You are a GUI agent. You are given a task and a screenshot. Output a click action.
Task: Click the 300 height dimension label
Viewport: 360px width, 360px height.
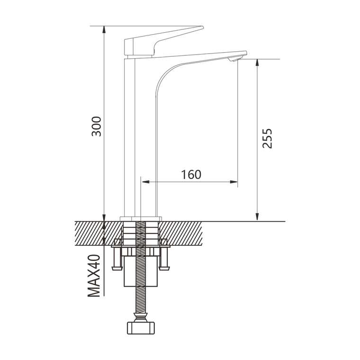(x=96, y=126)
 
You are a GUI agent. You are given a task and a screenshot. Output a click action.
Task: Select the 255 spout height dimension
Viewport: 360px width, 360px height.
(x=267, y=138)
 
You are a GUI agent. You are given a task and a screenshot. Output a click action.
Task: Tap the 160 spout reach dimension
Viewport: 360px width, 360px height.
(x=191, y=175)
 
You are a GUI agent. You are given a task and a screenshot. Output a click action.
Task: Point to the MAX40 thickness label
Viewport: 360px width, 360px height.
(x=94, y=276)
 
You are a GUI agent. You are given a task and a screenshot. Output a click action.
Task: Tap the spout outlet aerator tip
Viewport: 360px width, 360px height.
(x=234, y=59)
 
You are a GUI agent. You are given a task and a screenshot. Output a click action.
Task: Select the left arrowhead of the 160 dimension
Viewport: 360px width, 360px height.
(x=145, y=182)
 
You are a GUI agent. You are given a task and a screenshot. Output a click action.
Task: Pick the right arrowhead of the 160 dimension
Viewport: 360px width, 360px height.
(x=234, y=182)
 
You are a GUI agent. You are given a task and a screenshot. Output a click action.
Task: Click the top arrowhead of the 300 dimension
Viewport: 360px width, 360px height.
(x=104, y=30)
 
